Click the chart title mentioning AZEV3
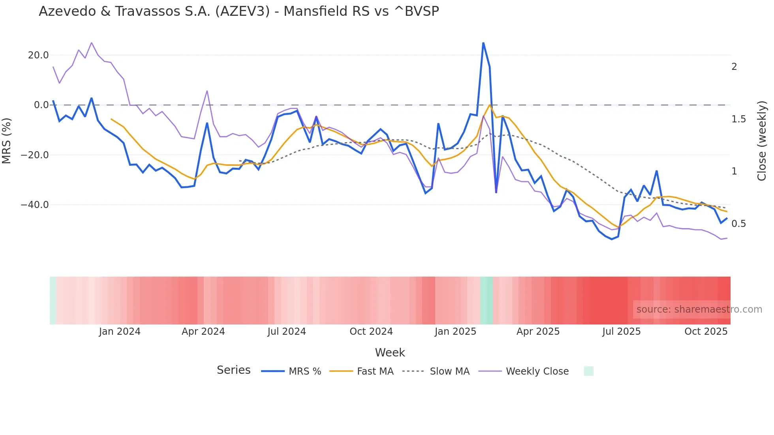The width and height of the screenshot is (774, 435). coord(239,11)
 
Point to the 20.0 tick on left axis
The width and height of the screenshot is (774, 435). coord(38,55)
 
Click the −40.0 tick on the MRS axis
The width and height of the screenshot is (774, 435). coord(35,205)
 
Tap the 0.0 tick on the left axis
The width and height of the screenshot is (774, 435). coord(41,105)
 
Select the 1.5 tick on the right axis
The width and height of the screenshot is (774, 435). coord(738,119)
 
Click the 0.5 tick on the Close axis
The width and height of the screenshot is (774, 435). coord(738,224)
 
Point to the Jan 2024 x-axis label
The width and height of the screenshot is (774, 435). coord(120,332)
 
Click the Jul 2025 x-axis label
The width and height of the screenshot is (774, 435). coord(621,332)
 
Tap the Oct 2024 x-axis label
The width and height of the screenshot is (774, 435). coord(371,332)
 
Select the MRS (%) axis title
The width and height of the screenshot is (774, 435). coord(7,141)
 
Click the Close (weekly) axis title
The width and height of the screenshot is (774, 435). coord(762,141)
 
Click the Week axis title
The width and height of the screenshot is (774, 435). coord(390,352)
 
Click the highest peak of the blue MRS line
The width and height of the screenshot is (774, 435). coord(483,43)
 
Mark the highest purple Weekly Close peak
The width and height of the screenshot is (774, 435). coord(92,43)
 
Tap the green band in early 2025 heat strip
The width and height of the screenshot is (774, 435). coord(487,300)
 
